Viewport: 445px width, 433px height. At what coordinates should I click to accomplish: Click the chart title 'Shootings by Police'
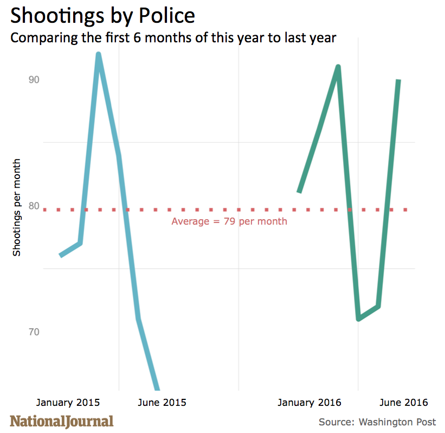click(102, 16)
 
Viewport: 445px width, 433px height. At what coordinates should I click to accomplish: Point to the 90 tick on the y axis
click(34, 79)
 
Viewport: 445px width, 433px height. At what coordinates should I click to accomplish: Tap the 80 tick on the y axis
click(34, 206)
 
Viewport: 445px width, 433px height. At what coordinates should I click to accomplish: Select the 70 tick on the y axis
click(34, 332)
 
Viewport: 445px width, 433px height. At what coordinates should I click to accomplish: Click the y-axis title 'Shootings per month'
click(17, 207)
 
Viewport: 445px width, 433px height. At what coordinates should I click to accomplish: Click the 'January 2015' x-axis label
click(68, 402)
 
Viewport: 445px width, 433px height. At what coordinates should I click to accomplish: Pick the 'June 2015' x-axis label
click(162, 402)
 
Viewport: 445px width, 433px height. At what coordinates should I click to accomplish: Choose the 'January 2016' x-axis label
click(309, 402)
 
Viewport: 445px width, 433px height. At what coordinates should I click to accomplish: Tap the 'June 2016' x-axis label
click(404, 402)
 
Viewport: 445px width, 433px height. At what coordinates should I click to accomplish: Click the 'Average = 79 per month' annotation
click(229, 221)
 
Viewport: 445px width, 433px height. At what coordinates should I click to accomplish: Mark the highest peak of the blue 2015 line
click(98, 54)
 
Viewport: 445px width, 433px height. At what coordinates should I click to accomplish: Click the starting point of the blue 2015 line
click(61, 255)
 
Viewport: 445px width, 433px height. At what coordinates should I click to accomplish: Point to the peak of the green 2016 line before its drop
click(338, 67)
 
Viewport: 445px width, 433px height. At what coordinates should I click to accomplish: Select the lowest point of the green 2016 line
click(358, 319)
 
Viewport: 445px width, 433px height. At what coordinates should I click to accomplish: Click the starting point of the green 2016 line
click(299, 192)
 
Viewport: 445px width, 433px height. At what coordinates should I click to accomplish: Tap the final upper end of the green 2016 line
click(398, 81)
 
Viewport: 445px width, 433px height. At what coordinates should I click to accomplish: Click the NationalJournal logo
click(62, 421)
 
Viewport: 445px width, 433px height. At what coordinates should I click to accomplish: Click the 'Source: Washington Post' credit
click(377, 422)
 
